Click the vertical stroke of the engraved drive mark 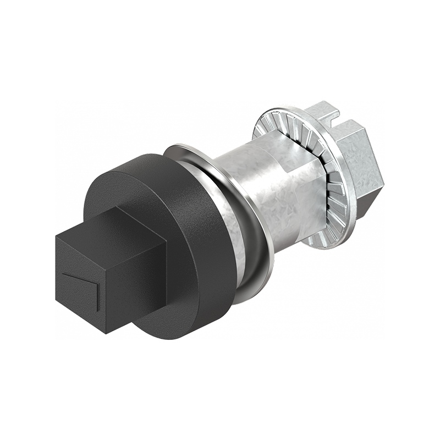(x=97, y=296)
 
